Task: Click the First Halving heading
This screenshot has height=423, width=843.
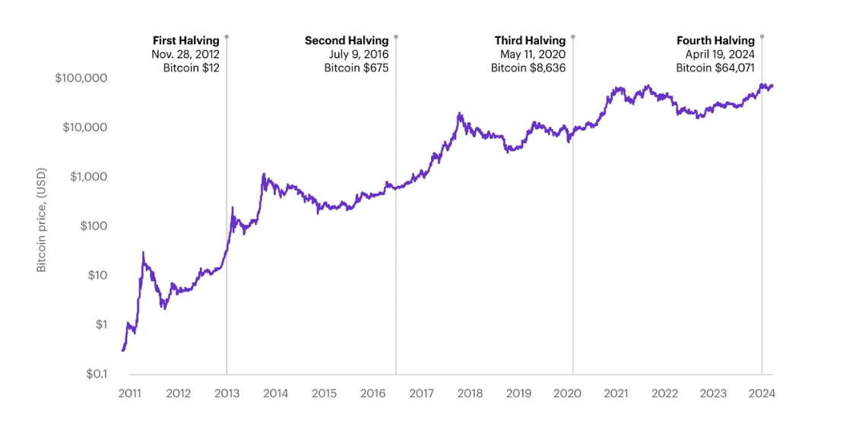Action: (185, 40)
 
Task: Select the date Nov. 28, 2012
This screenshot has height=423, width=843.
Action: (185, 54)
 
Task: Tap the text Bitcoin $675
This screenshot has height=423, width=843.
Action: (356, 68)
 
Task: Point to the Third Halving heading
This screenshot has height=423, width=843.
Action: (530, 40)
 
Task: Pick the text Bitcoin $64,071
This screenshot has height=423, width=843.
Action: (715, 68)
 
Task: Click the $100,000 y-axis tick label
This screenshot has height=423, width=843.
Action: (81, 78)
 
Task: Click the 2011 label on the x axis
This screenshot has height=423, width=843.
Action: (129, 393)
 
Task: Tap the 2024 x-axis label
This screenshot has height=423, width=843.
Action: (762, 393)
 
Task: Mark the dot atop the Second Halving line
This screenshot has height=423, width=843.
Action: (395, 36)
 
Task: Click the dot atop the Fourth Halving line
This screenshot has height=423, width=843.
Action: (762, 36)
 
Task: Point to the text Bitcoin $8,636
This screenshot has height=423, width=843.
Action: (528, 68)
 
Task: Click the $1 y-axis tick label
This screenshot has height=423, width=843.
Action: (100, 325)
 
